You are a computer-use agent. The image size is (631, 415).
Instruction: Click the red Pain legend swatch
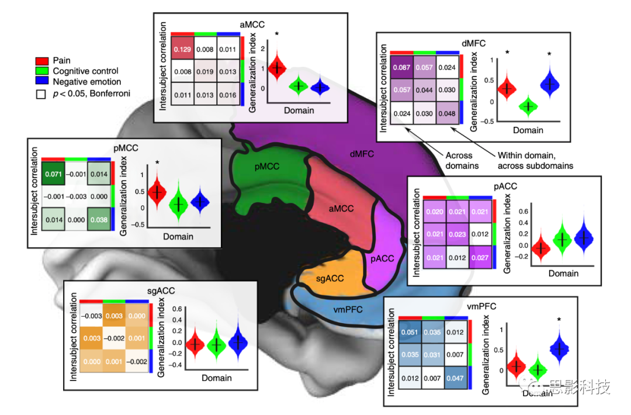(x=41, y=60)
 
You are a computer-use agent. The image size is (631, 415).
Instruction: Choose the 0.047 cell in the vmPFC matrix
(x=455, y=378)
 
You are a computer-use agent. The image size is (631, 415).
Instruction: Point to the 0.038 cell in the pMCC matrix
(x=99, y=220)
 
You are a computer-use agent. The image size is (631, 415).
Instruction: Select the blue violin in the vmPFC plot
(x=560, y=348)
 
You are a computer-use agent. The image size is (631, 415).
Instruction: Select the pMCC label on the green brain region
(x=267, y=167)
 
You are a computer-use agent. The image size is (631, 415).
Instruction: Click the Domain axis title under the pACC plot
(x=564, y=273)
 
